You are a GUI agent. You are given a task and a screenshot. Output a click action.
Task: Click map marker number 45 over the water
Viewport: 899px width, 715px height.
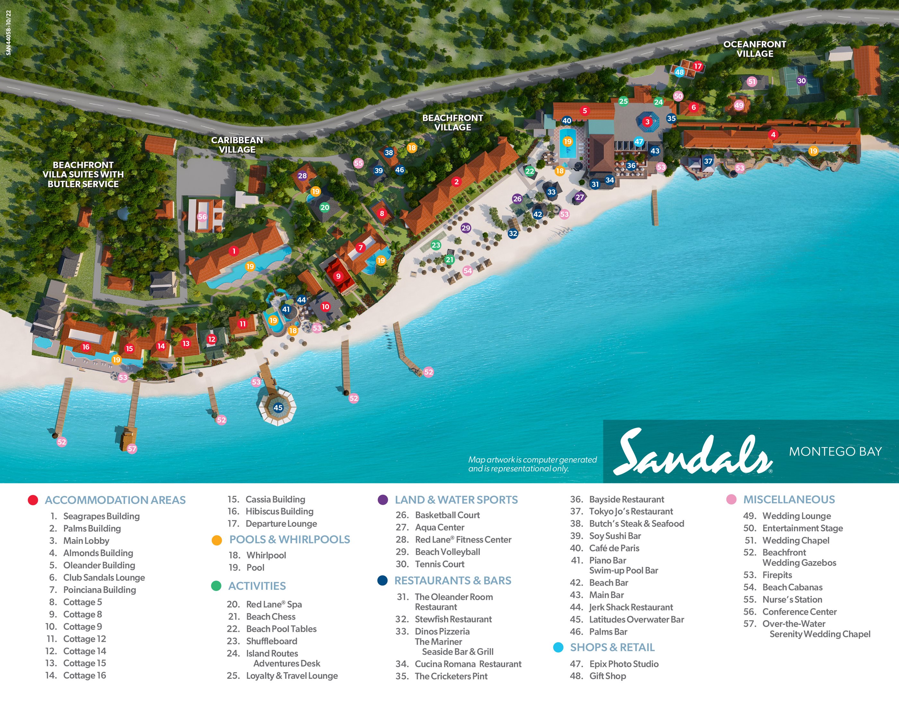pos(278,408)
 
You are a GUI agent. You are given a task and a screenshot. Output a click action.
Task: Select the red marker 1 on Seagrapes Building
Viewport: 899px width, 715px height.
pos(234,251)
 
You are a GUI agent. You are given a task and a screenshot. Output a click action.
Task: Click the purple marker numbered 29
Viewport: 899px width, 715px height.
pos(466,228)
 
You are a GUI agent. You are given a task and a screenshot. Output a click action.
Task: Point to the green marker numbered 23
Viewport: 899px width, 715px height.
pos(436,245)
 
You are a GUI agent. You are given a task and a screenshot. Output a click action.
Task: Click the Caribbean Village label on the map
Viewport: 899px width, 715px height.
pos(237,145)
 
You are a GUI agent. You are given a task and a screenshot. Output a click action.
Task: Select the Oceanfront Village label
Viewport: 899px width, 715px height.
pos(755,49)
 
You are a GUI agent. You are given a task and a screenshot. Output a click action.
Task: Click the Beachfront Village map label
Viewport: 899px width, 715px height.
pos(452,123)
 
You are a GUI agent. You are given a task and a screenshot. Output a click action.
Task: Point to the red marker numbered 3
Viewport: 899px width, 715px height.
pos(647,122)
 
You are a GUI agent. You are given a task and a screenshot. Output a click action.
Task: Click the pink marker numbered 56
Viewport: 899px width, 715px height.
pos(202,217)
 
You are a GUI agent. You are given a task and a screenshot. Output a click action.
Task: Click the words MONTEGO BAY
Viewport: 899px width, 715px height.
pos(835,451)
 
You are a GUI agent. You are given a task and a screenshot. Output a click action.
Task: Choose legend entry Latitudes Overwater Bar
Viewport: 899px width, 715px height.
pos(636,619)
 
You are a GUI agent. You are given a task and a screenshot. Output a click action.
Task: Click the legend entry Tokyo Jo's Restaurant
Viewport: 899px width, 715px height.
pos(631,511)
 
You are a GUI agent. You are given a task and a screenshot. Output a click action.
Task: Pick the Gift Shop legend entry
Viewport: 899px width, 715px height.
pos(607,676)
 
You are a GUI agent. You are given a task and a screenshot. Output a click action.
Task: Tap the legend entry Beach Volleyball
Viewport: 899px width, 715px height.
pos(448,552)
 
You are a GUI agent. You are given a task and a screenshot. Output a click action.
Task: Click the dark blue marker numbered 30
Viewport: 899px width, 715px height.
pos(801,81)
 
